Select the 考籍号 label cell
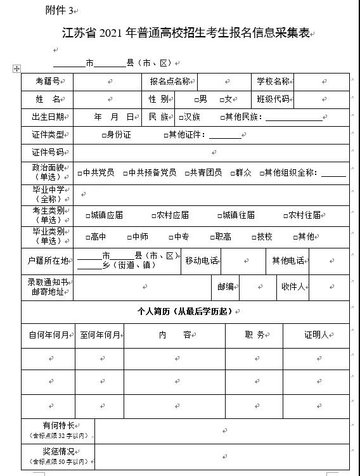[x=47, y=82]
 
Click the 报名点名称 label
[x=169, y=82]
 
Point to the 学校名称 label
[x=273, y=82]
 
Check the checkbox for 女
[x=222, y=100]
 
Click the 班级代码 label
[x=273, y=100]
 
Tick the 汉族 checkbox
[x=181, y=117]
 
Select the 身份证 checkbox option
[x=104, y=135]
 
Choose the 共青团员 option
[x=187, y=172]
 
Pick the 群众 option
[x=233, y=172]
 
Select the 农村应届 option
[x=154, y=215]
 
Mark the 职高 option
[x=212, y=237]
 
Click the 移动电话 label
[x=201, y=261]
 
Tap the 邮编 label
[x=226, y=287]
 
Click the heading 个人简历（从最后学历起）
[x=184, y=312]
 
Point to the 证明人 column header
[x=316, y=335]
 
